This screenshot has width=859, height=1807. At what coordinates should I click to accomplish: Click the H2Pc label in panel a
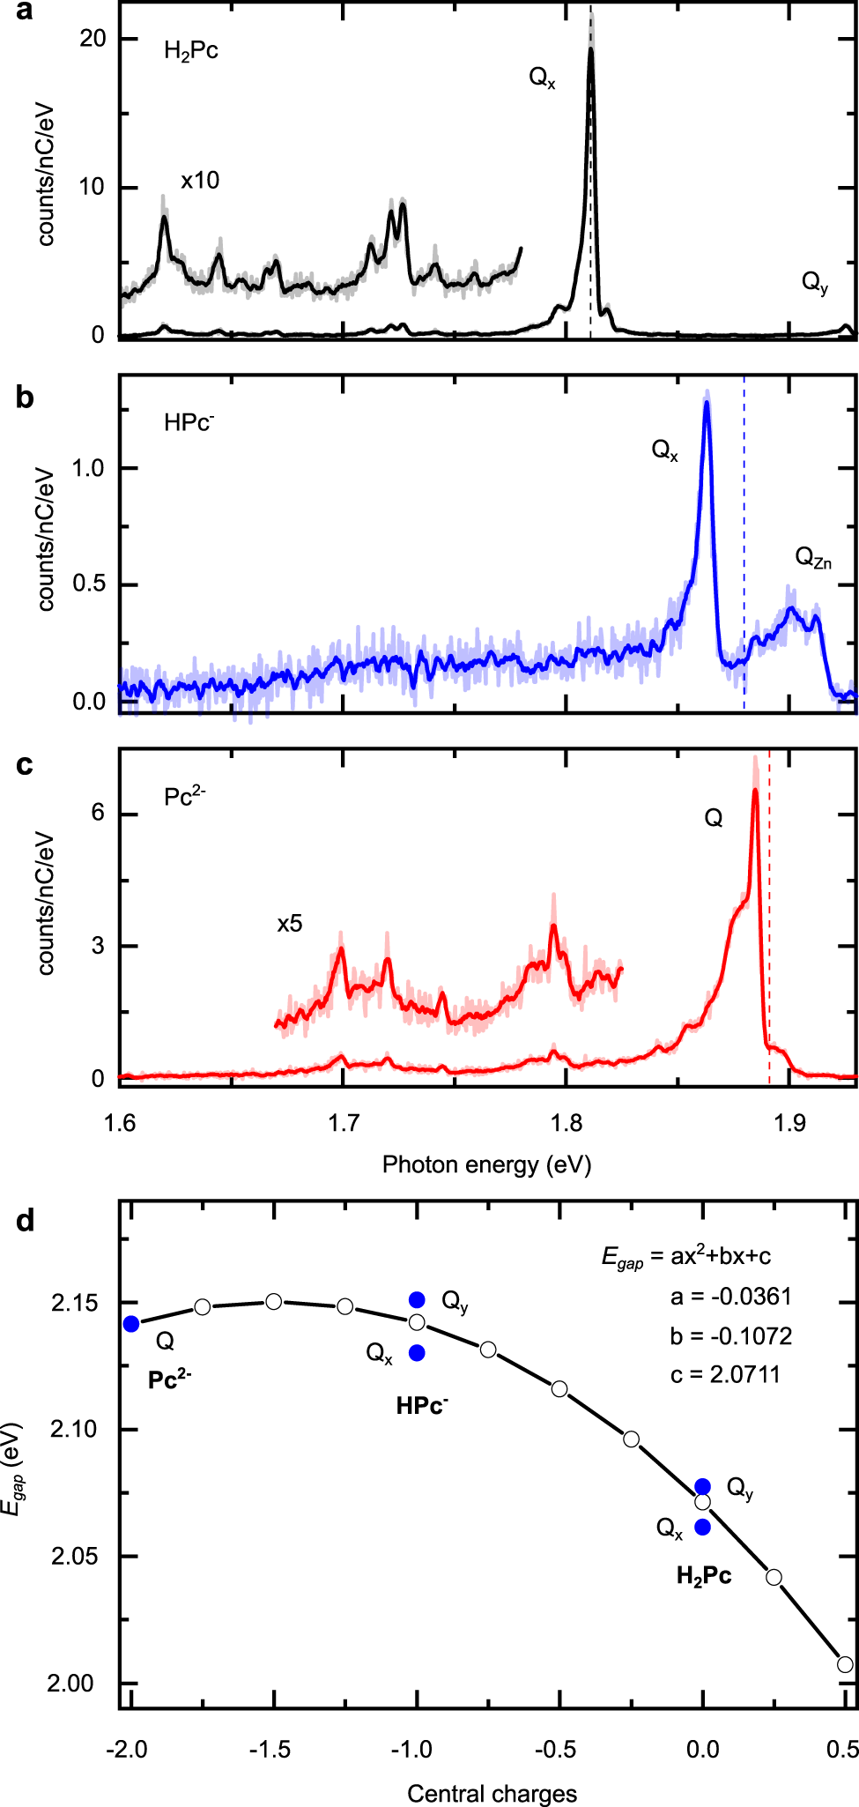(190, 51)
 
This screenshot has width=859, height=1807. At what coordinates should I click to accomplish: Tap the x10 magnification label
(200, 181)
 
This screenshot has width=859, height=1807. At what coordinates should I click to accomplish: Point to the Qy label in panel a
(814, 283)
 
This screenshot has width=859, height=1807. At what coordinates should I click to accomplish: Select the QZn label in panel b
(812, 558)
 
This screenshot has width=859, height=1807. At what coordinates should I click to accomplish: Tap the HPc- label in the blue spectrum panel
(189, 422)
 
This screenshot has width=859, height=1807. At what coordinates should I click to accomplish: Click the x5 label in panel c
(289, 924)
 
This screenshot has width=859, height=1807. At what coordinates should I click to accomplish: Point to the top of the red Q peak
(755, 790)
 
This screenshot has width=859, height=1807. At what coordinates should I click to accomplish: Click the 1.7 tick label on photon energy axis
(344, 1123)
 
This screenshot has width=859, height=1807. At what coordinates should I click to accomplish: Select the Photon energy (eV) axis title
(486, 1164)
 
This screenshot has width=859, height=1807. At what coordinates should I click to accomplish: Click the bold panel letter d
(25, 1222)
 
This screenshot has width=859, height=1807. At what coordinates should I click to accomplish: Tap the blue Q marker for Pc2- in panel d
(131, 1324)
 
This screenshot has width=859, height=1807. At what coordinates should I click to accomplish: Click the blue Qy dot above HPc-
(417, 1300)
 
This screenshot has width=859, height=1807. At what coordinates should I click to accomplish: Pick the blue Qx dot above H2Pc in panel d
(702, 1528)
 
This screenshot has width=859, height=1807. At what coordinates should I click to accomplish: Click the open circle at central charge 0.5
(845, 1665)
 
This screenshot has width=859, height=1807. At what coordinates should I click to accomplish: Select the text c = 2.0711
(725, 1374)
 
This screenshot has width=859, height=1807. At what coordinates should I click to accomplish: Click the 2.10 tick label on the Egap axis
(72, 1429)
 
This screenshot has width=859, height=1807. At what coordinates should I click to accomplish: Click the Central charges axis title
(492, 1794)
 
